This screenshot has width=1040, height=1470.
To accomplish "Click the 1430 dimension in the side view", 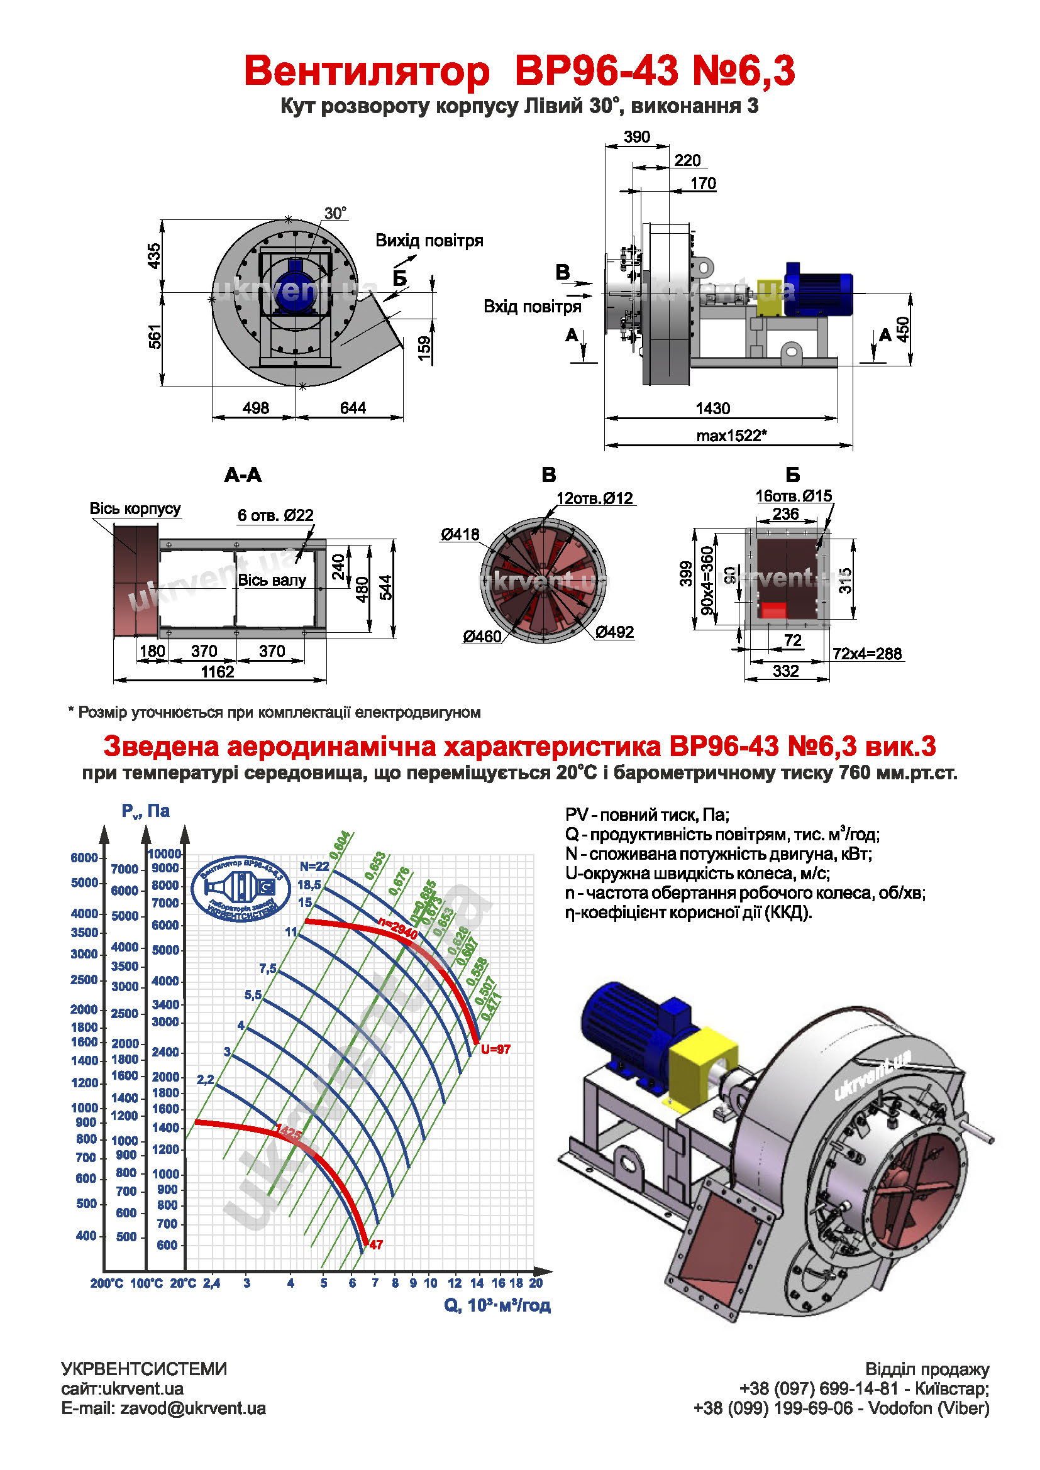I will (712, 409).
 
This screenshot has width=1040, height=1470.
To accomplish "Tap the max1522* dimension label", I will (731, 436).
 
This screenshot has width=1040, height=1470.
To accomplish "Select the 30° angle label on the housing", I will (335, 213).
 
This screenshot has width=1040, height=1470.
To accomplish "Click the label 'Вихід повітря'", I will (429, 241).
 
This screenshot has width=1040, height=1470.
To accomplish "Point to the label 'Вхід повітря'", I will (532, 307).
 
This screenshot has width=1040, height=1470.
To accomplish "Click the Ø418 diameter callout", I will (459, 534).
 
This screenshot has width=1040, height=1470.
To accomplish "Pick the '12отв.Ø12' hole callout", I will (594, 498).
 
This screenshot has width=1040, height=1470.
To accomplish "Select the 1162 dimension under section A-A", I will (218, 672).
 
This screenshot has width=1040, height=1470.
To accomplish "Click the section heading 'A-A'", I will (243, 475).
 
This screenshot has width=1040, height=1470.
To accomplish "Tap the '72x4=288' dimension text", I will (867, 654).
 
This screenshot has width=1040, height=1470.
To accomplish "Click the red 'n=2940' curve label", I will (397, 928).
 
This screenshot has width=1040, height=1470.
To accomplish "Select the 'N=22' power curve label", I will (314, 866).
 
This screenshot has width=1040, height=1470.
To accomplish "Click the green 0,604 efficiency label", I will (341, 844).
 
